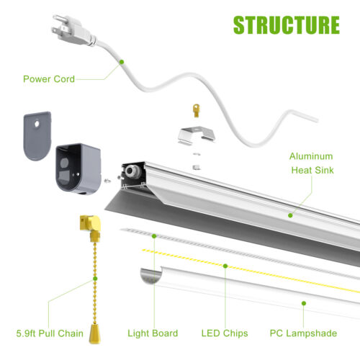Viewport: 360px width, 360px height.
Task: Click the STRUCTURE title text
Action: [287, 25]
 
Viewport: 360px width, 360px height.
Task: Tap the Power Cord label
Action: [49, 79]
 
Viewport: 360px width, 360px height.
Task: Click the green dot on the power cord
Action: [122, 62]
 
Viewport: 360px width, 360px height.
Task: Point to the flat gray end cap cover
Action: [37, 136]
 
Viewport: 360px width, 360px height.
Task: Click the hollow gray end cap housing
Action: [78, 168]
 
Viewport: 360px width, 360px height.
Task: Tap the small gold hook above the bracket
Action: [197, 110]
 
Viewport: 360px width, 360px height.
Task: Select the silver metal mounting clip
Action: [197, 136]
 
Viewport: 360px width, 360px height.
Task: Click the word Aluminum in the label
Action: [311, 156]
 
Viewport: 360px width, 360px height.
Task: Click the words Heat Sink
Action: [312, 170]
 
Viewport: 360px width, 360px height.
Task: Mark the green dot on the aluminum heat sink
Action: [290, 215]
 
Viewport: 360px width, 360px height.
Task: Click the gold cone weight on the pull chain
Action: [94, 333]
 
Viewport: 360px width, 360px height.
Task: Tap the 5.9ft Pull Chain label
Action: [50, 333]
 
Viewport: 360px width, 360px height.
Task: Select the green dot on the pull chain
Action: [95, 279]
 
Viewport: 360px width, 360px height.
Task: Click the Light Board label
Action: [153, 333]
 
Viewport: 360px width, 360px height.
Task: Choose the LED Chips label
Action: [225, 333]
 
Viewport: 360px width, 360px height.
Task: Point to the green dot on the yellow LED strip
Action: [225, 266]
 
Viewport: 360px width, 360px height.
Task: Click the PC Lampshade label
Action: [303, 333]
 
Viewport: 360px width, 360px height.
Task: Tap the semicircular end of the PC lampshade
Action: [150, 276]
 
